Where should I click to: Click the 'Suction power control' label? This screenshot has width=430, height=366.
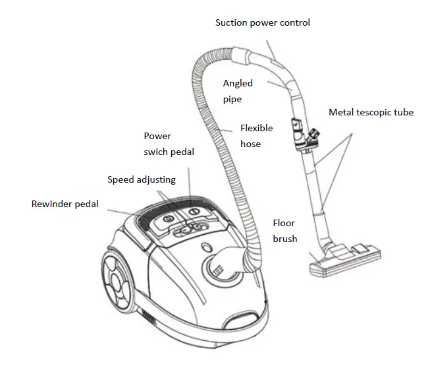click(x=263, y=22)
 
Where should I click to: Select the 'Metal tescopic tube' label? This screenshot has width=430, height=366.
click(x=371, y=112)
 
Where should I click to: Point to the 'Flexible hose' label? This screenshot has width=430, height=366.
click(x=256, y=136)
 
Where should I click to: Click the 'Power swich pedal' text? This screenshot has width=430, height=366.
click(x=169, y=144)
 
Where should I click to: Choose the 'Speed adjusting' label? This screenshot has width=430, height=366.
click(x=141, y=180)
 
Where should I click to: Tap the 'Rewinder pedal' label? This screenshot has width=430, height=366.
click(x=65, y=204)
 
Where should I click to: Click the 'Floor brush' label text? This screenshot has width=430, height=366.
click(x=285, y=231)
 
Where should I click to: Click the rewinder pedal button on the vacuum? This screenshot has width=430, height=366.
click(x=167, y=218)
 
